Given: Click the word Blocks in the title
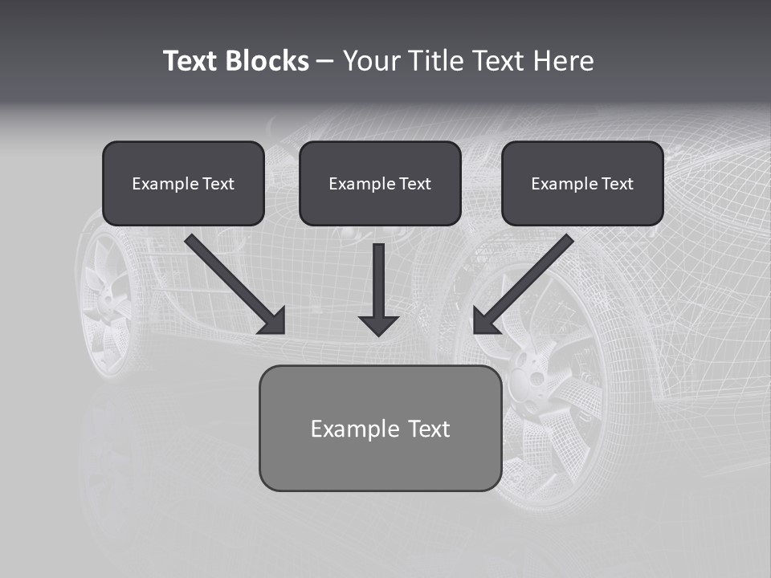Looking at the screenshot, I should [x=266, y=61].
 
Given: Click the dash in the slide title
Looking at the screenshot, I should [x=325, y=61].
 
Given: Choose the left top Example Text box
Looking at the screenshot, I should [x=183, y=184].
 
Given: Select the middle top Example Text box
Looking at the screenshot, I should [x=380, y=184].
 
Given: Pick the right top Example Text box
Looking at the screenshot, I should [x=582, y=184].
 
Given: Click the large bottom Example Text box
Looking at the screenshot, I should [x=380, y=429].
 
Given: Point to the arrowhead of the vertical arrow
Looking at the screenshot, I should [x=379, y=324].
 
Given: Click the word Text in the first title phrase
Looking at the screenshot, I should [x=190, y=61].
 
